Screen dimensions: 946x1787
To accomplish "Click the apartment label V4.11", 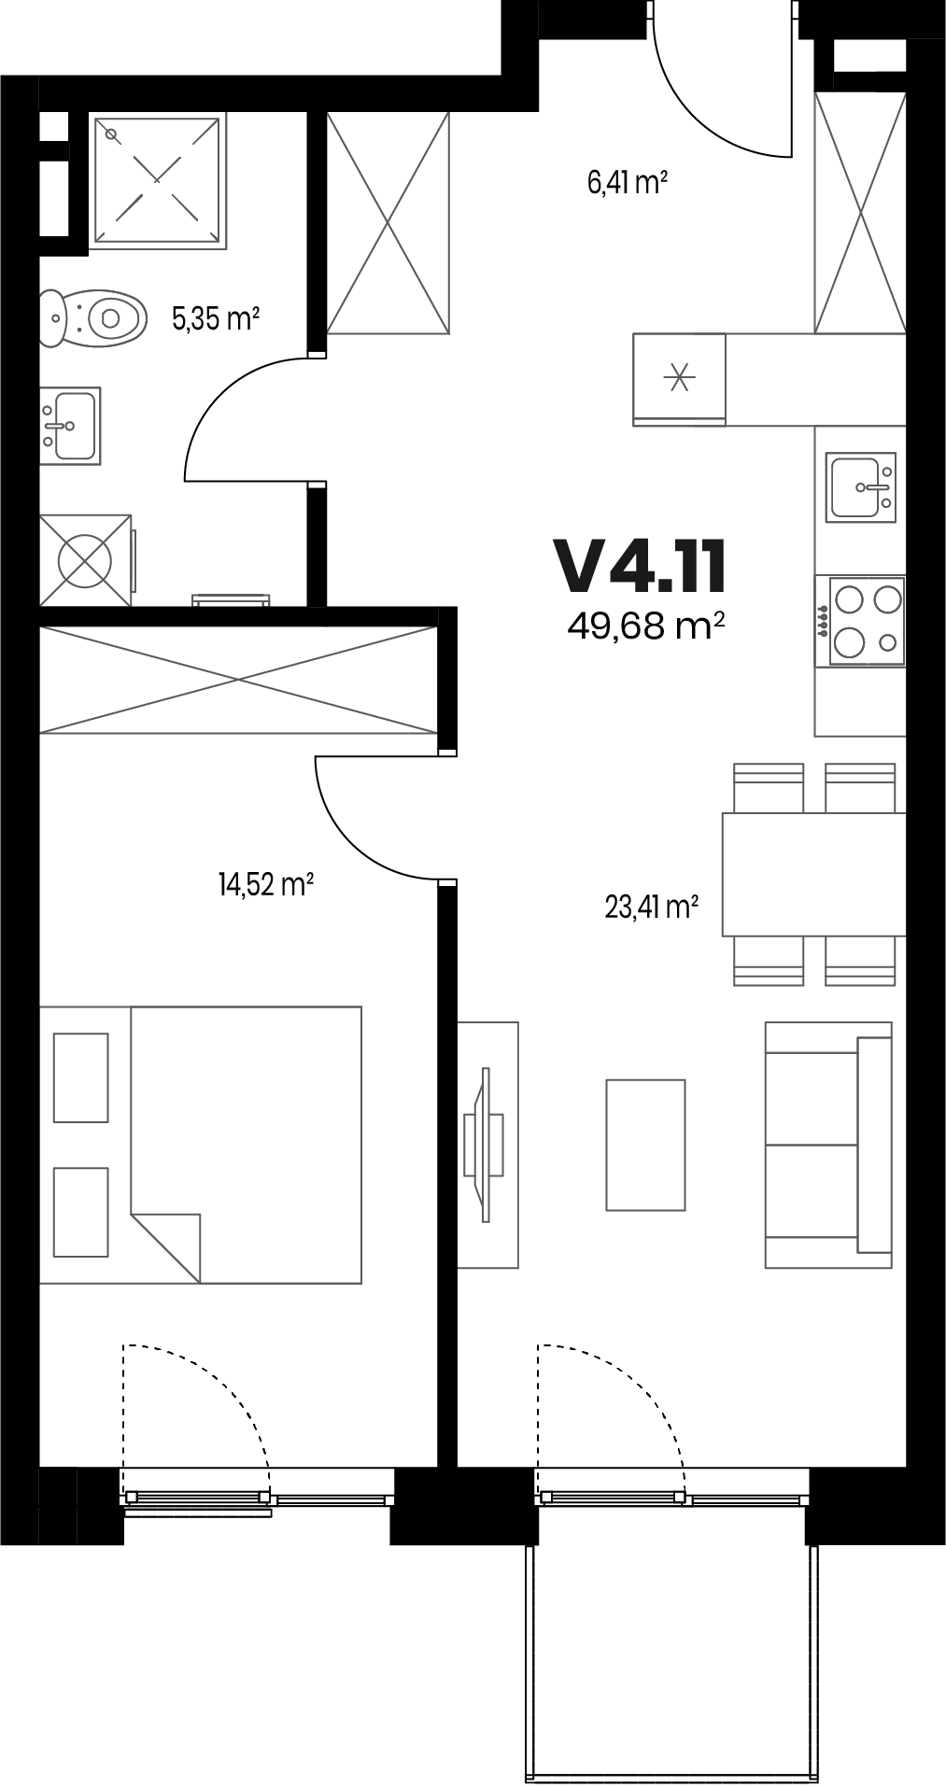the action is pyautogui.click(x=640, y=567).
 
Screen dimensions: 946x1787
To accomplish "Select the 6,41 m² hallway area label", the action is pyautogui.click(x=627, y=181).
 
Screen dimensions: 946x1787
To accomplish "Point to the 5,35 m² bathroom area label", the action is pyautogui.click(x=215, y=319).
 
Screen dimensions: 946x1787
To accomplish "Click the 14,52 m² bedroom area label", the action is pyautogui.click(x=265, y=884).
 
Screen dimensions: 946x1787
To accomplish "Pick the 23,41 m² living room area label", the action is pyautogui.click(x=653, y=907).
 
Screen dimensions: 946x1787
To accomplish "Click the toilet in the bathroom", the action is pyautogui.click(x=93, y=317).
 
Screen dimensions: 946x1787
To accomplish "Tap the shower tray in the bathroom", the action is pyautogui.click(x=158, y=181).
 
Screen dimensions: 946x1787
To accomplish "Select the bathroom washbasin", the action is pyautogui.click(x=70, y=426).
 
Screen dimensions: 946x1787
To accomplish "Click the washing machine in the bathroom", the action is pyautogui.click(x=85, y=559).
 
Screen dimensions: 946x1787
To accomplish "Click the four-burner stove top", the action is pyautogui.click(x=860, y=621).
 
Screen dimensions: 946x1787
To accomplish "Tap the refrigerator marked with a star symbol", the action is pyautogui.click(x=680, y=378).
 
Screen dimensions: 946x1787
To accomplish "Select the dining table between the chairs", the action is pyautogui.click(x=813, y=875).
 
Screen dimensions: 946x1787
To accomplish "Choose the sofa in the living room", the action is pyautogui.click(x=828, y=1145).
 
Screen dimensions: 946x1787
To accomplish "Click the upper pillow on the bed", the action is pyautogui.click(x=81, y=1076).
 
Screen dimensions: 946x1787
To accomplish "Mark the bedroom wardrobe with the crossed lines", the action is pyautogui.click(x=239, y=680).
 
